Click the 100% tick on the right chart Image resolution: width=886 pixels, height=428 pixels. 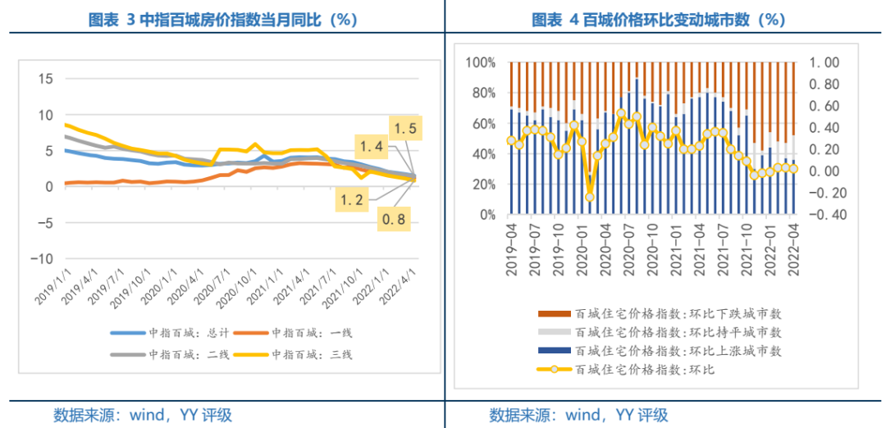(x=481, y=62)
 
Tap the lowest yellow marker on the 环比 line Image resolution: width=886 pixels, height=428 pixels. (x=589, y=197)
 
